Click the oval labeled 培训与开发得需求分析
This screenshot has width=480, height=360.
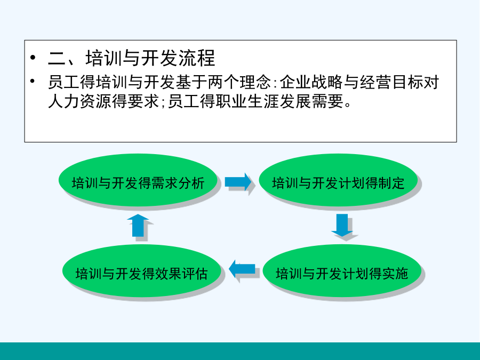[x=138, y=180]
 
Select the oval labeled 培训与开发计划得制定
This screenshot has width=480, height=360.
[x=338, y=180]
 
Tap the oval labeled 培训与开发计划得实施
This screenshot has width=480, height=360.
[x=342, y=270]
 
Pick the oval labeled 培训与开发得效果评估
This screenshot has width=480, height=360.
[x=142, y=270]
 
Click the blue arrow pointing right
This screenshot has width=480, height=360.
[x=238, y=182]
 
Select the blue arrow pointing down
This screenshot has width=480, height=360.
[x=342, y=225]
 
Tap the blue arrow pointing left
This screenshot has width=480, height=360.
[x=242, y=269]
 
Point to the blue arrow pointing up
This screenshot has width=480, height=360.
[x=138, y=225]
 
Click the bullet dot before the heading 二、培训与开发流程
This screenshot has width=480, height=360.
[x=33, y=58]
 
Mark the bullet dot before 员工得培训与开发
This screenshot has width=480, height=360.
[x=33, y=81]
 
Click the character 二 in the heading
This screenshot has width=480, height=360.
[x=57, y=58]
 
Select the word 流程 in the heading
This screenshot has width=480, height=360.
[x=197, y=58]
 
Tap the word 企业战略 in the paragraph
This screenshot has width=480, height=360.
[x=311, y=82]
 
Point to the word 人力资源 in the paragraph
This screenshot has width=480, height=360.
[x=79, y=101]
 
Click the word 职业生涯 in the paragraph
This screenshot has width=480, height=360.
[x=247, y=101]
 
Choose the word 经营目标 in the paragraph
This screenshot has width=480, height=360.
[x=391, y=82]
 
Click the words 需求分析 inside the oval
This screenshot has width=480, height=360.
[x=178, y=183]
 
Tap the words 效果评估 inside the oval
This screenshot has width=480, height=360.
[x=181, y=274]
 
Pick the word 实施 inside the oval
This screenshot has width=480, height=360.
[x=395, y=274]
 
